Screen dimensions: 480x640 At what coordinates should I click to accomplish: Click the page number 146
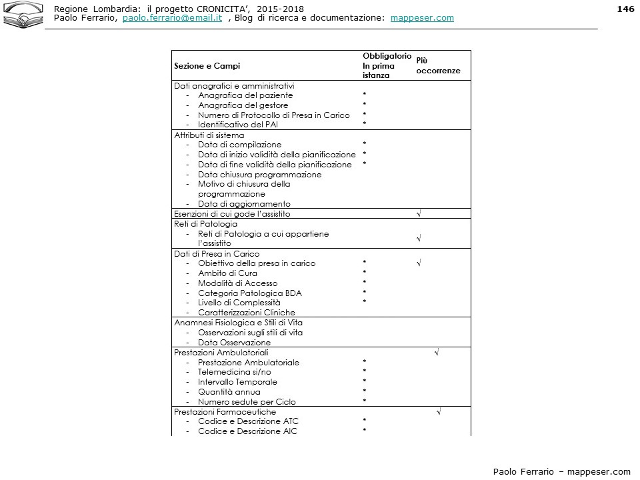[x=625, y=9]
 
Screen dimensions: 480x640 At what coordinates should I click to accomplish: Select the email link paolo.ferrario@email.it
[x=172, y=18]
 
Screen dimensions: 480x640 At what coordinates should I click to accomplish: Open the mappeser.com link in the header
[x=422, y=18]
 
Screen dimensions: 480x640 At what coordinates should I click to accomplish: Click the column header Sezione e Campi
[x=207, y=66]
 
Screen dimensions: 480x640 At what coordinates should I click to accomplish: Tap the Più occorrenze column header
[x=438, y=65]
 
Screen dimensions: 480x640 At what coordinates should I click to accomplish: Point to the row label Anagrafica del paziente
[x=245, y=95]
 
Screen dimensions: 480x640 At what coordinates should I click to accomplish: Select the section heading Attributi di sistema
[x=209, y=135]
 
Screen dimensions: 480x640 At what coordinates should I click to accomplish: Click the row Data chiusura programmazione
[x=259, y=175]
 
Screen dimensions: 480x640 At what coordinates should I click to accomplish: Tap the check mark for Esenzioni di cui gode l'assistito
[x=418, y=213]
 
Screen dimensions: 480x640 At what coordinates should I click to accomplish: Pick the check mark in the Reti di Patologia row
[x=418, y=238]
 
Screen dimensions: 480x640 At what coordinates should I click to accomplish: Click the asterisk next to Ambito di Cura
[x=365, y=273]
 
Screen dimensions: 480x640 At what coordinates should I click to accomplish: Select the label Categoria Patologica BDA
[x=249, y=293]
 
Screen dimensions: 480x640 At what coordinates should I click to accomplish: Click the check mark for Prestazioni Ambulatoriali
[x=437, y=351]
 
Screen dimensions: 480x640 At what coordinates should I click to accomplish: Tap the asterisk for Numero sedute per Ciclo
[x=365, y=401]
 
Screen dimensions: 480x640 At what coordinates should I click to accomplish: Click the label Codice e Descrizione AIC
[x=247, y=431]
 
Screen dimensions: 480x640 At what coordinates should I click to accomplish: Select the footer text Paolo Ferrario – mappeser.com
[x=561, y=471]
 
